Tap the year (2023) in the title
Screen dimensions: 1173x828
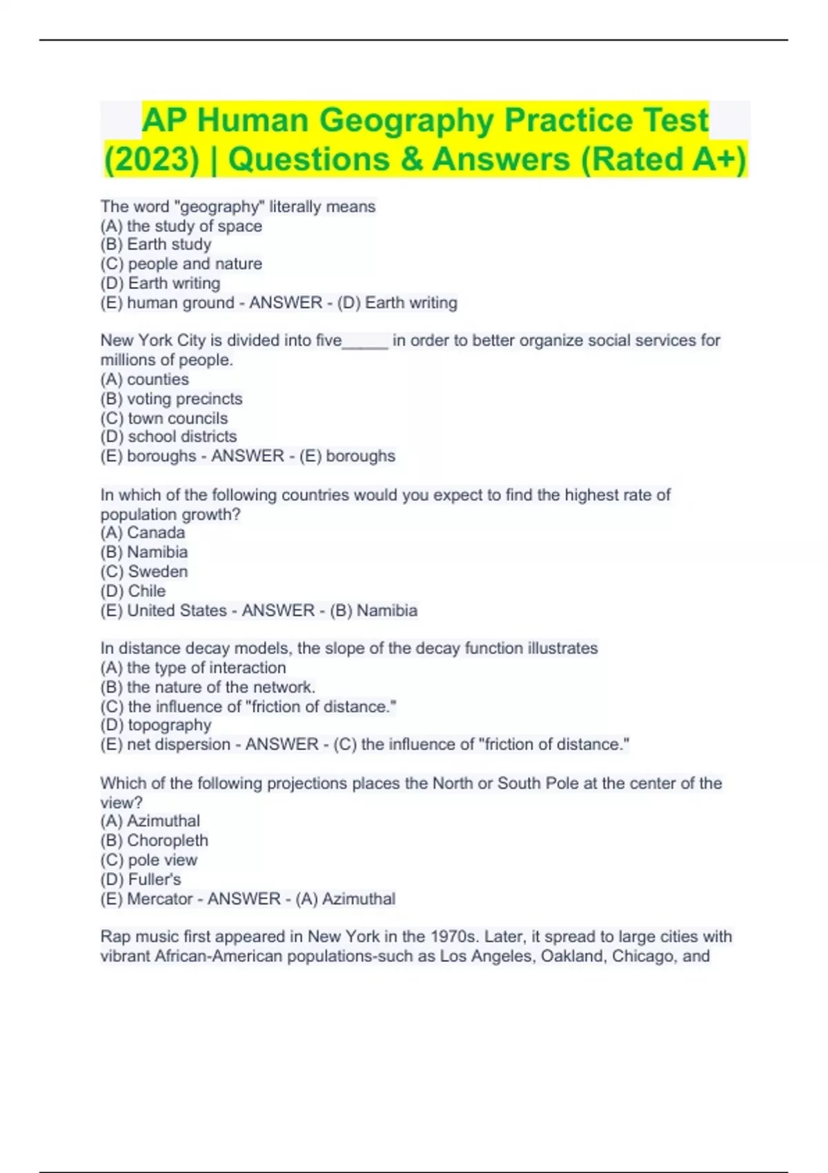[x=151, y=159]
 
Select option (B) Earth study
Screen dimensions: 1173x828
[x=156, y=244]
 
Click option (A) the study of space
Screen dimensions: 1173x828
[x=181, y=226]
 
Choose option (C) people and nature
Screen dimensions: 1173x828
[x=181, y=264]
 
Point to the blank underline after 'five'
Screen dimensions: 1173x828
[x=365, y=342]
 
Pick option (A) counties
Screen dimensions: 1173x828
[x=144, y=379]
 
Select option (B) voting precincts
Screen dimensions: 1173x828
[x=171, y=399]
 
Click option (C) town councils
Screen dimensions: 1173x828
[x=164, y=418]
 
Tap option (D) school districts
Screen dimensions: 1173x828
[x=168, y=437]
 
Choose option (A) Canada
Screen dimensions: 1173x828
[x=143, y=533]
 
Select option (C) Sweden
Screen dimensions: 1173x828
[x=144, y=571]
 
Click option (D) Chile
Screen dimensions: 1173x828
[x=133, y=591]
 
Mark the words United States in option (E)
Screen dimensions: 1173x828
[x=177, y=611]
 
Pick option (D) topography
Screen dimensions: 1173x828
[x=156, y=725]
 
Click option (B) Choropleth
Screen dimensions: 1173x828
[x=154, y=840]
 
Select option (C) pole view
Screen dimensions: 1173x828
[x=149, y=860]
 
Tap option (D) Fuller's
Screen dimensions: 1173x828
[x=141, y=879]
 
